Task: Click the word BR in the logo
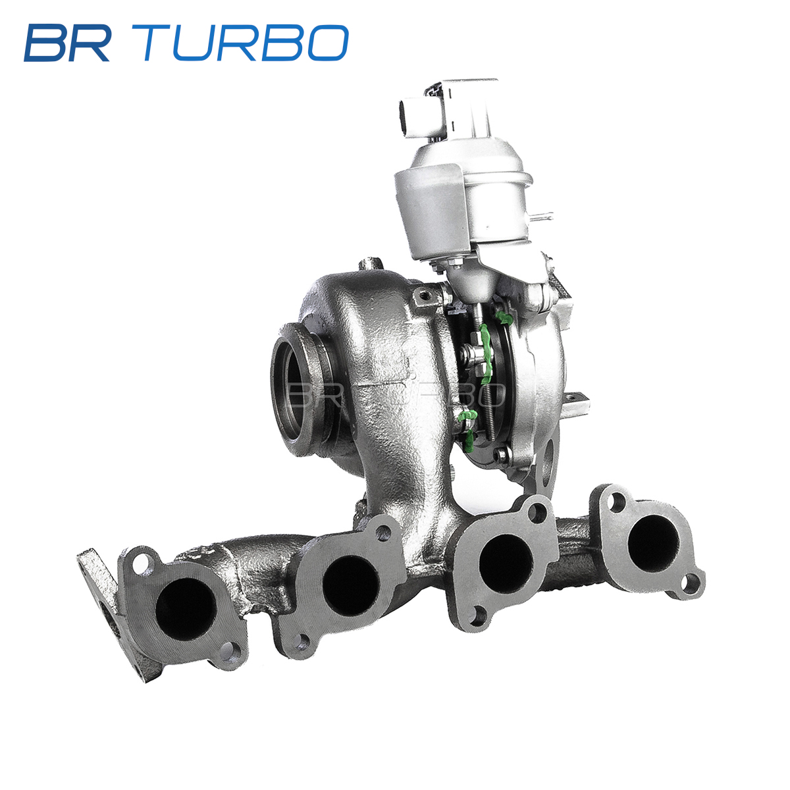67,43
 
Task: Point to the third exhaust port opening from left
506,564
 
